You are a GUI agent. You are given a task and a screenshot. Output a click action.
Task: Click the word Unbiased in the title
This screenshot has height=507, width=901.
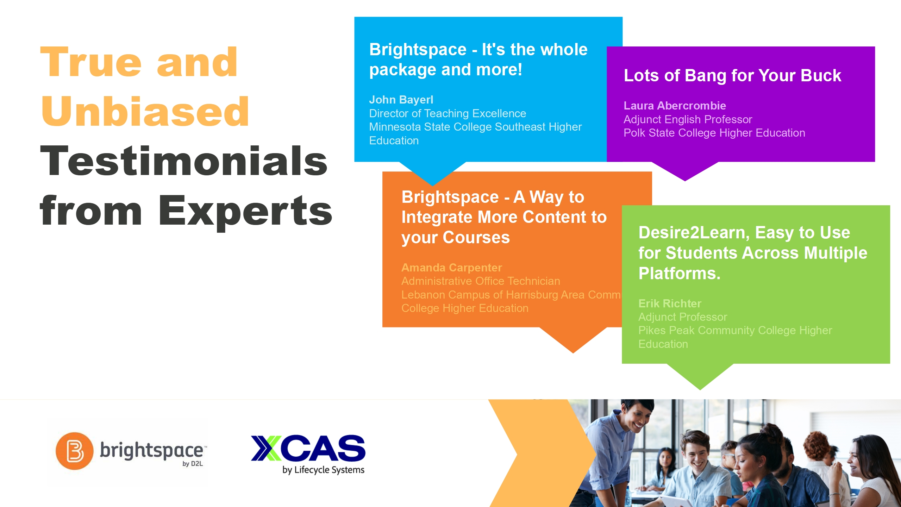point(145,111)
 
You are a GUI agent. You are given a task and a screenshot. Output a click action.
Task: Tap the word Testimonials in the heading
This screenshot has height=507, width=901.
point(184,161)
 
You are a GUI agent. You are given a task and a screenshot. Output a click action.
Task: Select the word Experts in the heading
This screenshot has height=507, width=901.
point(245,211)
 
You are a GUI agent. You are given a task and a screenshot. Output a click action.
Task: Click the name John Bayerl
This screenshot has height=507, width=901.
point(401,100)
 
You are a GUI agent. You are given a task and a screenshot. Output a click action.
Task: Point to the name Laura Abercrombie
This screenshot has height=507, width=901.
point(675,106)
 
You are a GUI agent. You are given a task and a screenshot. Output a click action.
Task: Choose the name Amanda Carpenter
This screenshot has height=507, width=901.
point(452,268)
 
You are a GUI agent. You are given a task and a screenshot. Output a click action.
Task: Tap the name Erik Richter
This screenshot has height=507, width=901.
point(670,303)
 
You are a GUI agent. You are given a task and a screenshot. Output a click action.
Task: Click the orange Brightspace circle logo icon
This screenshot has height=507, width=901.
point(75,451)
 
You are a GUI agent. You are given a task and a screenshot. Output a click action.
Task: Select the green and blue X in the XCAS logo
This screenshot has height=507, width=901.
point(266,448)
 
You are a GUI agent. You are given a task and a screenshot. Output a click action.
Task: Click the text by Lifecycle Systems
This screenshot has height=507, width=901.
point(323,470)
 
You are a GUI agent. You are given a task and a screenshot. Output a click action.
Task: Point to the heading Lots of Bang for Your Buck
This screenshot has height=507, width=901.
point(732,75)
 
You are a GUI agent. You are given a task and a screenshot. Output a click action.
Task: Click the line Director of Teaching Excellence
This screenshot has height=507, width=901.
point(448,113)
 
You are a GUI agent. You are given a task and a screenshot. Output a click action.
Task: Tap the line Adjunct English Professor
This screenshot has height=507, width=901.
point(688,119)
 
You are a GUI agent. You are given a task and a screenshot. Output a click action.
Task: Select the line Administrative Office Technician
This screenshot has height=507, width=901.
point(481,281)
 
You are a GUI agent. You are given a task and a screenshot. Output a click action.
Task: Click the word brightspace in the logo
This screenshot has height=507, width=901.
point(151,451)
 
